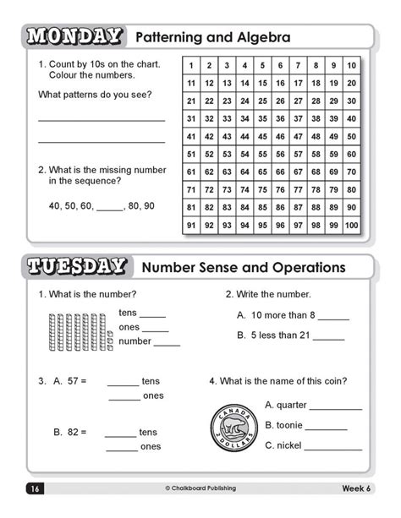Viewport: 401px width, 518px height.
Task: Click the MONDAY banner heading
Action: pyautogui.click(x=74, y=37)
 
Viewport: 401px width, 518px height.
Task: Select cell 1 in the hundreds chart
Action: pyautogui.click(x=192, y=66)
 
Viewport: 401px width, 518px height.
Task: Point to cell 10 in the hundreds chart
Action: pyautogui.click(x=350, y=66)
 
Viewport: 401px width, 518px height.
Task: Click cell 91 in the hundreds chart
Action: pyautogui.click(x=192, y=226)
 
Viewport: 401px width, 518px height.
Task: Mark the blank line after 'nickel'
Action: pyautogui.click(x=332, y=448)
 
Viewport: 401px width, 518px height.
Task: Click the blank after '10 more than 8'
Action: pyautogui.click(x=333, y=318)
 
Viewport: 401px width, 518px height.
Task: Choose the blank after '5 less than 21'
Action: pyautogui.click(x=328, y=337)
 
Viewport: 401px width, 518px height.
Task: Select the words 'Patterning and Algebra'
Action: pyautogui.click(x=212, y=37)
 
